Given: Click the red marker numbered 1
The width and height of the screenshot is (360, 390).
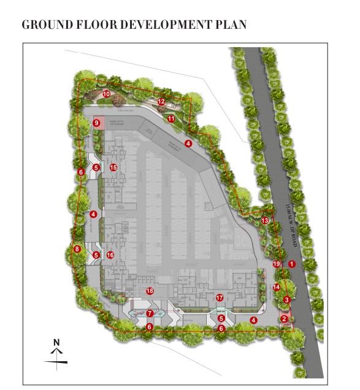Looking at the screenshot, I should click(x=292, y=264).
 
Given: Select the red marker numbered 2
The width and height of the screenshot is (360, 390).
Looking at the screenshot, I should click(x=284, y=318).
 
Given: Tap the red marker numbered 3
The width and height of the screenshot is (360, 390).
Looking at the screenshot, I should click(x=287, y=299).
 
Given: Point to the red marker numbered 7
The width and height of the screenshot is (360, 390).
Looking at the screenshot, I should click(x=149, y=313).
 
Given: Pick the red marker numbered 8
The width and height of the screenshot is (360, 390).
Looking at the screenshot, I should click(x=77, y=249).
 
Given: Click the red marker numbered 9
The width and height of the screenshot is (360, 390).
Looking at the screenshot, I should click(x=96, y=123).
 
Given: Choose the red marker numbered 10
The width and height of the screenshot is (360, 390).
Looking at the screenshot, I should click(x=106, y=94).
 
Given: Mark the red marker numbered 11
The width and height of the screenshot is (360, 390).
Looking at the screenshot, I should click(x=171, y=118).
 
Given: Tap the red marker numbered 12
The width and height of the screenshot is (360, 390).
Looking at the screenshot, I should click(x=161, y=101).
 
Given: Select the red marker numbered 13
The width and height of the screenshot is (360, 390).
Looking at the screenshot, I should click(x=265, y=220).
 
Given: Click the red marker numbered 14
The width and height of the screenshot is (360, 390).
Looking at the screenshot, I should click(x=277, y=287).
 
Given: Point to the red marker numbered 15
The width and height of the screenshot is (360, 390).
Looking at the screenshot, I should click(x=113, y=167).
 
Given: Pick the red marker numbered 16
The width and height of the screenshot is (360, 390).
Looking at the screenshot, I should click(x=110, y=255).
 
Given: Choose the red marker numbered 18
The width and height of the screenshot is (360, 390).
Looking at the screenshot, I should click(x=148, y=290).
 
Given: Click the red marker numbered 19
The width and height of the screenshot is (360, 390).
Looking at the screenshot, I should click(x=277, y=264).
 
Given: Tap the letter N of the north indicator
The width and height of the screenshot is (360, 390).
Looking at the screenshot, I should click(x=56, y=342).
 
